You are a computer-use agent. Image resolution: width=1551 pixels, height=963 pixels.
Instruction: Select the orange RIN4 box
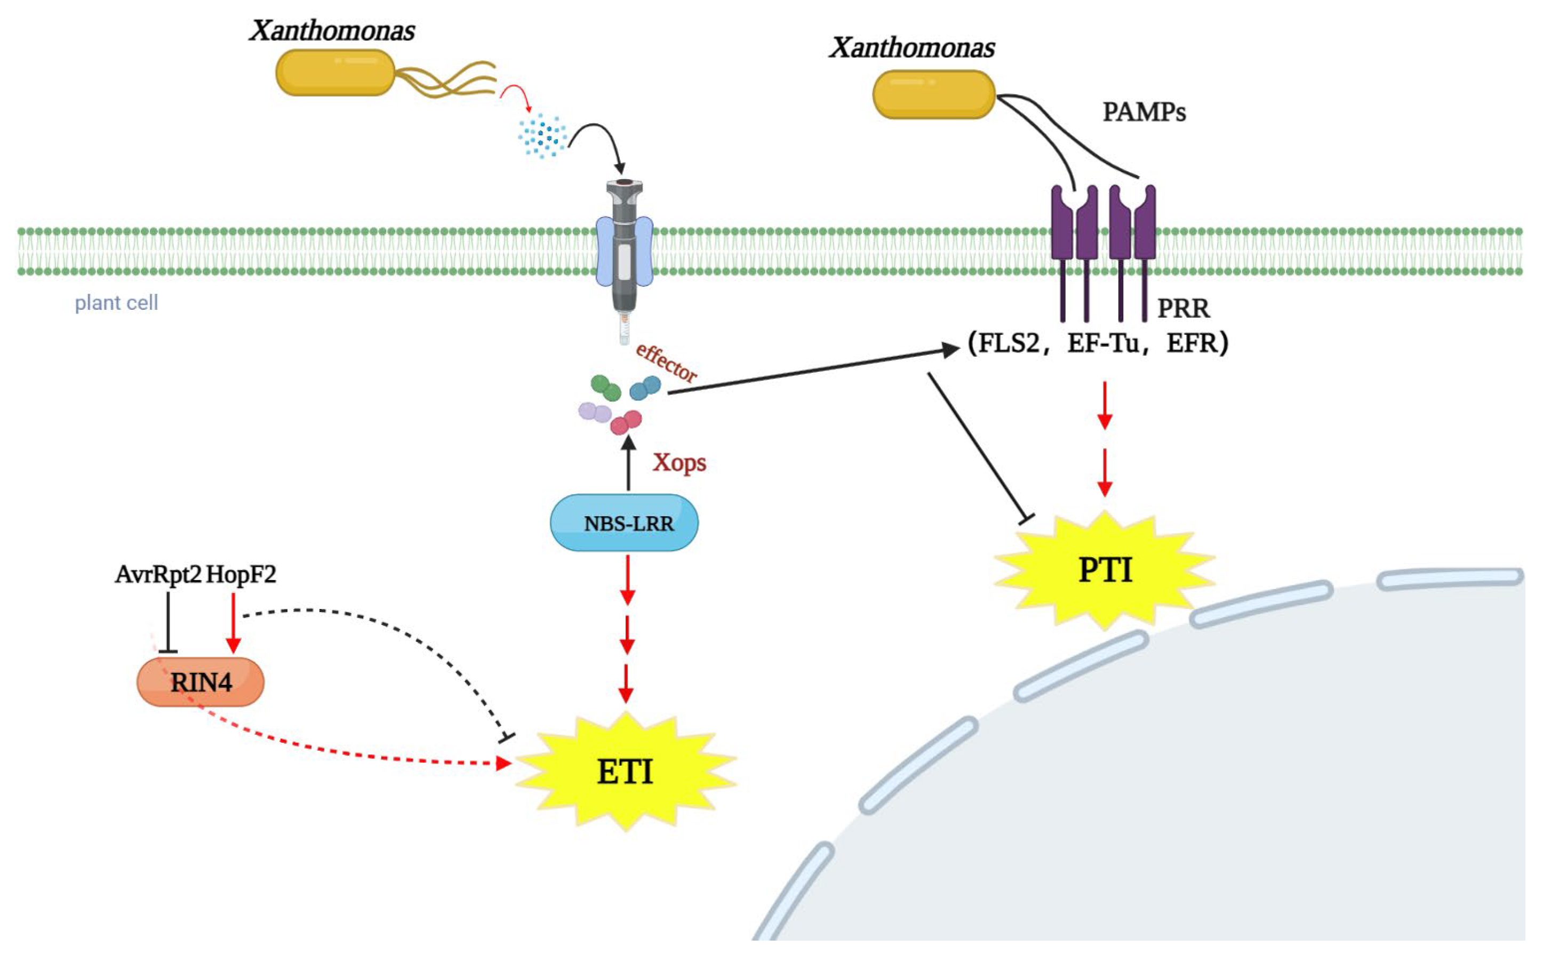pyautogui.click(x=201, y=682)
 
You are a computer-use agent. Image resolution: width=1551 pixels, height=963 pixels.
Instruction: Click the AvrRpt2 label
pyautogui.click(x=158, y=574)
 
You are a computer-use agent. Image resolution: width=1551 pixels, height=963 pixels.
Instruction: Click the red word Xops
pyautogui.click(x=679, y=463)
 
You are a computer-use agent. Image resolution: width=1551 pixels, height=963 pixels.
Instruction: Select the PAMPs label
pyautogui.click(x=1144, y=113)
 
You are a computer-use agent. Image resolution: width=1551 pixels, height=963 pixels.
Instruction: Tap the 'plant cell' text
pyautogui.click(x=117, y=302)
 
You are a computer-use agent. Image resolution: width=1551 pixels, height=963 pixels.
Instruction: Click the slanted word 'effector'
pyautogui.click(x=667, y=363)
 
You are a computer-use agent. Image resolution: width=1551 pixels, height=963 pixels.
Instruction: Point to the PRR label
pyautogui.click(x=1184, y=309)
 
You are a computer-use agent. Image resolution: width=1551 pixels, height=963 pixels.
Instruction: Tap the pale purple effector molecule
pyautogui.click(x=595, y=412)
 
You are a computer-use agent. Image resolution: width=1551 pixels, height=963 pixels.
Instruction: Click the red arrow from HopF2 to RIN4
pyautogui.click(x=233, y=623)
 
